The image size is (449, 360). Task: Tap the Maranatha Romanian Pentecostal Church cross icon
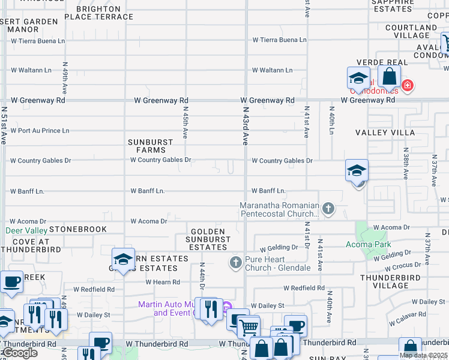coord(328,209)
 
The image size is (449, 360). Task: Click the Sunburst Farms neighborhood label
coord(151,146)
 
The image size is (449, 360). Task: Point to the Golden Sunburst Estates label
coord(208,239)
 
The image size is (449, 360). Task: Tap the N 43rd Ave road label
coord(246,126)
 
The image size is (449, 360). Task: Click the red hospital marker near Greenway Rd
coord(408,86)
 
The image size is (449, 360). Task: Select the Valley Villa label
coord(385,132)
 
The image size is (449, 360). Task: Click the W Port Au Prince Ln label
coord(40,130)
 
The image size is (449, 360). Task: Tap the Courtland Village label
coord(411,31)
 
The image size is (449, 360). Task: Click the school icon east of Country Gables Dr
coord(357,170)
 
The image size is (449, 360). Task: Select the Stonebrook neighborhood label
coord(78,229)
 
